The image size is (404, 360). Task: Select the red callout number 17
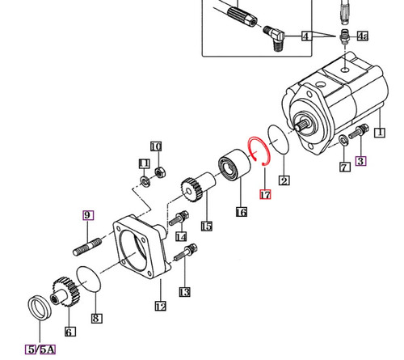263,194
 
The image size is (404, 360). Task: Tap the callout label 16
240,212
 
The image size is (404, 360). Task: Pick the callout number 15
206,227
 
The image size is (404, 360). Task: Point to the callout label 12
160,306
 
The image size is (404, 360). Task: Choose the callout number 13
185,290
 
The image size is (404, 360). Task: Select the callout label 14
181,236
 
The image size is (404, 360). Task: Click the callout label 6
69,332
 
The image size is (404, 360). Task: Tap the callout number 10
157,146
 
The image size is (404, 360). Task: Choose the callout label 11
143,163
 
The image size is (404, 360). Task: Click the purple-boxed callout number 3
360,160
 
